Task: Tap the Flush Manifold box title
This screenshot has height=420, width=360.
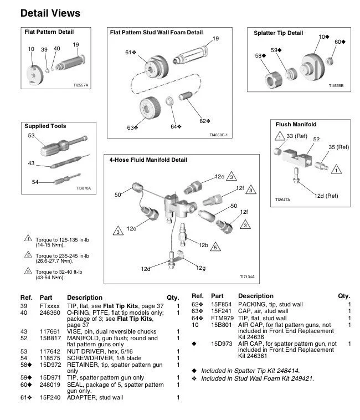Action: point(296,125)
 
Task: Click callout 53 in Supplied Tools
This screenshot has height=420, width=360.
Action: point(31,135)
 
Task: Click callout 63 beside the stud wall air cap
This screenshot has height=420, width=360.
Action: point(132,127)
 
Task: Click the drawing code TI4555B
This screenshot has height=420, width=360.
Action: point(336,86)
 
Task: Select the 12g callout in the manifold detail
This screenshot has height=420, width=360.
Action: point(200,269)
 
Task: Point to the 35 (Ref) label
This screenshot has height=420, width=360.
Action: point(339,147)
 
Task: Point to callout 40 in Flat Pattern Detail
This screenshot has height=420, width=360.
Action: point(56,49)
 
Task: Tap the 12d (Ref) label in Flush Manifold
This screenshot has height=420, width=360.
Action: point(326,196)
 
